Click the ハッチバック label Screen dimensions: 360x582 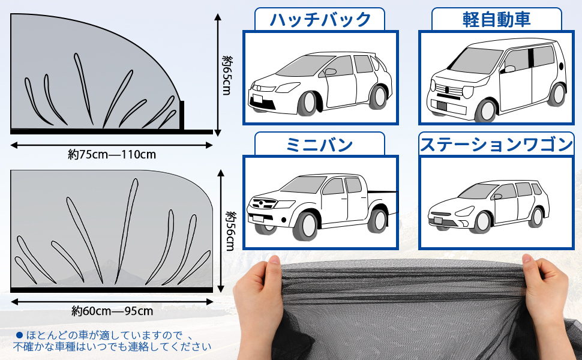point(320,19)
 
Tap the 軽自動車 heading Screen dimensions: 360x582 point(496,19)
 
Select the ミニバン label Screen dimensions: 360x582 point(319,144)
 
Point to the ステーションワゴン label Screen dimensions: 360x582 point(496,144)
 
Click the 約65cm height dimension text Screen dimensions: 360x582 point(227,74)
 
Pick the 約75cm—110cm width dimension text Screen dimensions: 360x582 point(112,154)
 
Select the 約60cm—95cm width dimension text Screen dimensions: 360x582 point(112,311)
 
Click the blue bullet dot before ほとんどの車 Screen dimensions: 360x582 point(19,335)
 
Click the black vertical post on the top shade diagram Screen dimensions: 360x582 point(182,115)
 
